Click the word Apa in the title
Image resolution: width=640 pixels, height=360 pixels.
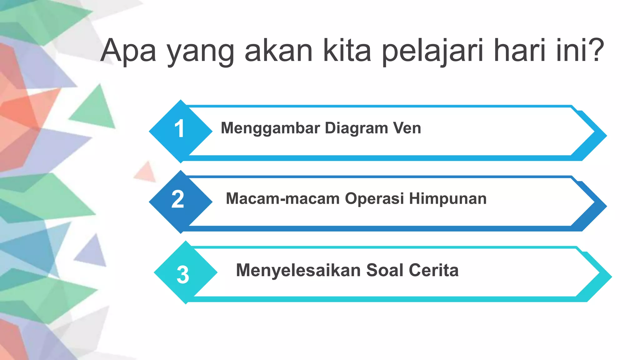point(128,51)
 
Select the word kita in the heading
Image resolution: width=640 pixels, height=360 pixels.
point(347,51)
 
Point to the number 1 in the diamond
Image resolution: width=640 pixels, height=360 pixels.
point(179,129)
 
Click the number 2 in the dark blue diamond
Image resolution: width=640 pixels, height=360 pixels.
point(178,199)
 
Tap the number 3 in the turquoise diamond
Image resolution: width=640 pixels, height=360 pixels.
point(183,275)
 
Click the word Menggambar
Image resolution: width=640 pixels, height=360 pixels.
point(270,128)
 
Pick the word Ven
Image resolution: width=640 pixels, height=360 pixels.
point(407,128)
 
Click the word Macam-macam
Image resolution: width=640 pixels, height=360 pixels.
point(282,199)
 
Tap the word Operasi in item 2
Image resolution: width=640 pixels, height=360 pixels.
point(374,199)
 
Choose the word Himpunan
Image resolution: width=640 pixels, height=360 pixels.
point(448,199)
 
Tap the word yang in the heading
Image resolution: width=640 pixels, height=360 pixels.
point(200,52)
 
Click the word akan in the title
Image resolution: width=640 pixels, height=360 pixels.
point(278,51)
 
